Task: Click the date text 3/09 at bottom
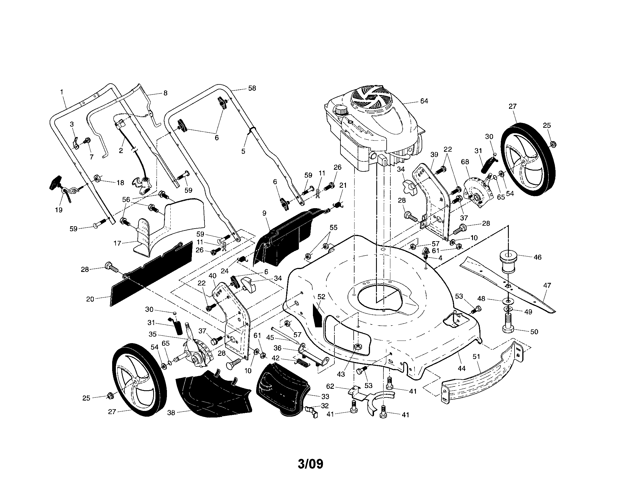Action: coord(311,464)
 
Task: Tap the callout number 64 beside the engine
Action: coord(424,101)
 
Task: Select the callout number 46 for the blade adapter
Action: coord(537,257)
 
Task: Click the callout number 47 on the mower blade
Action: coord(547,285)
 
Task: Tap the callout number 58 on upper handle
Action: coord(252,88)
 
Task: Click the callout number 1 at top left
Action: coord(62,92)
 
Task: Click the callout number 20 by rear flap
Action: coord(90,299)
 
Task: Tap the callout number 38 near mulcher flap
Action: coord(171,413)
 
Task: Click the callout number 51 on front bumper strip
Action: coord(476,357)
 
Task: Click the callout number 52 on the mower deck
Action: coord(321,296)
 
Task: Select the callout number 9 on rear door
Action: coord(264,213)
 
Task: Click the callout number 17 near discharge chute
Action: coord(117,243)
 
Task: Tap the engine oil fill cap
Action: coord(341,111)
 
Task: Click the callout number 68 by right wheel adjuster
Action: coord(465,162)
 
